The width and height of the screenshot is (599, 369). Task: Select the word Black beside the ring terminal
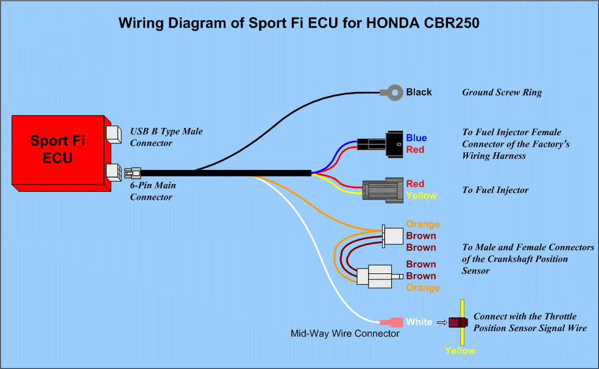coord(419,93)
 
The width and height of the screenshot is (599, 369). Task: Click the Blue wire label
coord(417,138)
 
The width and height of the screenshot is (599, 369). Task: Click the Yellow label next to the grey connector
coord(421,195)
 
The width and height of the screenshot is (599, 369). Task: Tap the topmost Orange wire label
coord(422,224)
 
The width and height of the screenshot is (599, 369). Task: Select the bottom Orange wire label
coord(422,287)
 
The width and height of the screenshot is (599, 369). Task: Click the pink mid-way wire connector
coord(391,322)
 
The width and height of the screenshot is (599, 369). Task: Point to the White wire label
coord(419,322)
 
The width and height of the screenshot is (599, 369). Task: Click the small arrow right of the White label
coord(442,322)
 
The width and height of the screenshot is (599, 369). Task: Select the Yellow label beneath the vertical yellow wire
coord(460,351)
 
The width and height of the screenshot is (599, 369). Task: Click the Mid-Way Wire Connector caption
coord(345,334)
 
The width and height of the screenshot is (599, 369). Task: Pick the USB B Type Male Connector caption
coord(166,137)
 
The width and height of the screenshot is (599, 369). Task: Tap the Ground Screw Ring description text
coord(502,93)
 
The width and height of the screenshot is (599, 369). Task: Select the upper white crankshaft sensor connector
coord(393,236)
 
